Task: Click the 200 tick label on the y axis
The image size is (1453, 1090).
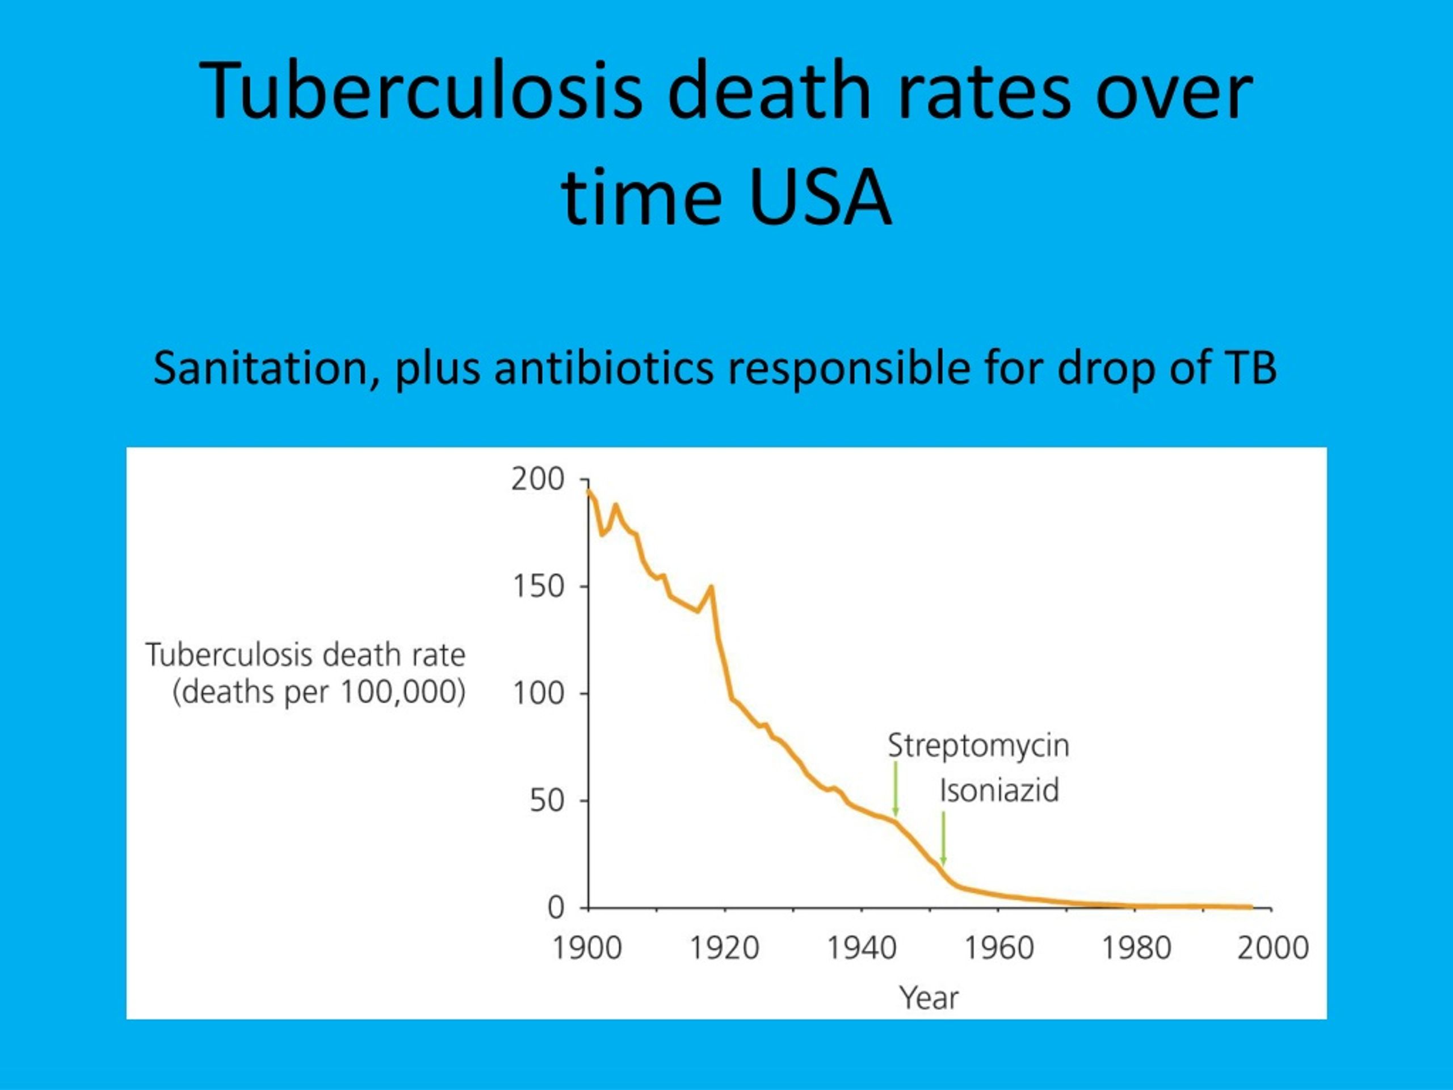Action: [x=538, y=480]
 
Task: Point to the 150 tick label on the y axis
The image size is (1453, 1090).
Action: [x=538, y=586]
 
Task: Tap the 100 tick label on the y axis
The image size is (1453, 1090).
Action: [x=538, y=694]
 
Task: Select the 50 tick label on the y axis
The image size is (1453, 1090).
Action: [x=547, y=801]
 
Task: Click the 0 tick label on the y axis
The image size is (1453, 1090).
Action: [x=556, y=908]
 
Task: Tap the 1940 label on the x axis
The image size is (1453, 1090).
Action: [x=862, y=949]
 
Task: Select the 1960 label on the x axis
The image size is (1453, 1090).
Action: [x=999, y=949]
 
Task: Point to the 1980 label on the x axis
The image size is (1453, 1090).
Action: [x=1136, y=949]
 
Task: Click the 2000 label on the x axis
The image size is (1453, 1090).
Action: [x=1273, y=949]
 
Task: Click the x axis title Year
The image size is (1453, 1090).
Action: [x=929, y=998]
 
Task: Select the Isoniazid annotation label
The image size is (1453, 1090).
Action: [x=999, y=790]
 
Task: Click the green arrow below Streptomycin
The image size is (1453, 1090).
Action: [x=895, y=789]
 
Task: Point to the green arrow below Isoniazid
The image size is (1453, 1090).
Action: [x=943, y=839]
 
